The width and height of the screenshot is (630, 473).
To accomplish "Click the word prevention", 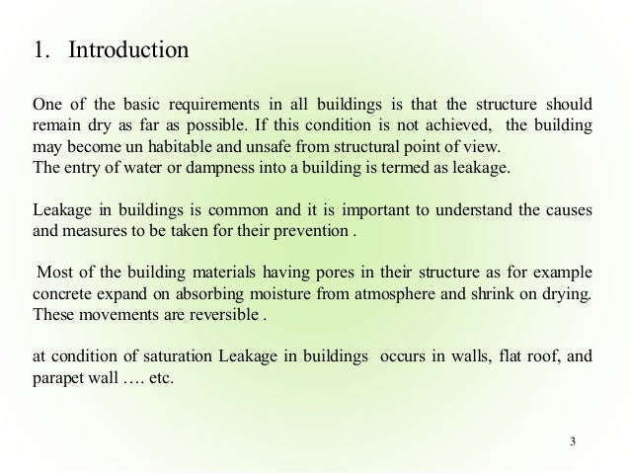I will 333,231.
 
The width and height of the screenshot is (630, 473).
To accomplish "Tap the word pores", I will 282,273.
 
